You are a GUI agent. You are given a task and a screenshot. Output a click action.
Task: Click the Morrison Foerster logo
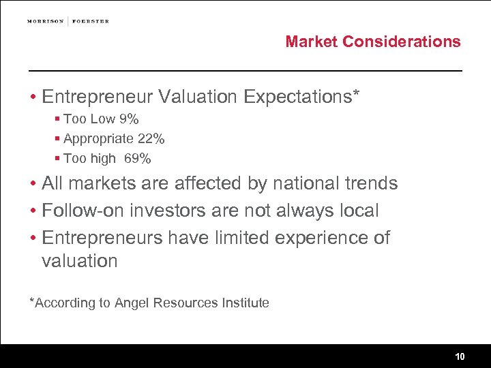[x=68, y=21]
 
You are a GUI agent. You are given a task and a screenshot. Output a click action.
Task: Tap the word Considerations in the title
[x=402, y=42]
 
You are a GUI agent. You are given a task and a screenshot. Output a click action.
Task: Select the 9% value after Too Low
[x=129, y=119]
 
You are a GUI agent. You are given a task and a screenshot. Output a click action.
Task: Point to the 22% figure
[x=151, y=139]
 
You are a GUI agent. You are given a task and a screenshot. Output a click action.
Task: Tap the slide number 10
[x=460, y=356]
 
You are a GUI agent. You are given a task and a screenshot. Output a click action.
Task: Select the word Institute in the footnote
[x=245, y=303]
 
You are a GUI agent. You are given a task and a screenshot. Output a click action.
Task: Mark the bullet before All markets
[x=32, y=184]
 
